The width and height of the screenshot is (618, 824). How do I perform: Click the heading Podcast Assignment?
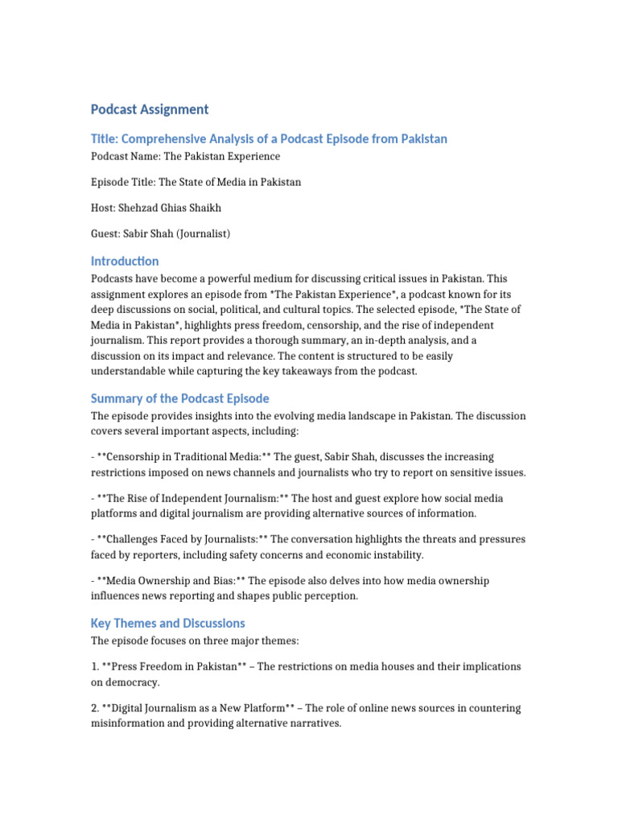149,109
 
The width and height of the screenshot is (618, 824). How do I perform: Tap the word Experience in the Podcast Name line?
252,156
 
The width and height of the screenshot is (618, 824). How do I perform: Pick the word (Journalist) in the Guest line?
204,233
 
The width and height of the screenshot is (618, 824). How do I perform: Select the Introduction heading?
125,262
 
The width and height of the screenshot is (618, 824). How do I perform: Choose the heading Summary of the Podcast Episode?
179,399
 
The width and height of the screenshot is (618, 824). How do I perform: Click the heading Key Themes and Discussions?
167,624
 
